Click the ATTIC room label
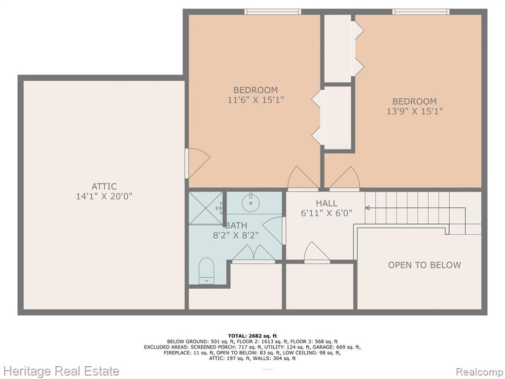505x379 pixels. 104,186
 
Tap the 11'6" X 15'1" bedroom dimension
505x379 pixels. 256,100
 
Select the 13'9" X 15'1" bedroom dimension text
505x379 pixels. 414,111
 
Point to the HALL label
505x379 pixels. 326,203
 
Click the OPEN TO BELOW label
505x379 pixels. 425,265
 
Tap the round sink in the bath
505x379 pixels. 251,202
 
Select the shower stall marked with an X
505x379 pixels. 206,208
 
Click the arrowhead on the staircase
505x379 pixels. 367,208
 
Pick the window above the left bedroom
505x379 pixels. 272,12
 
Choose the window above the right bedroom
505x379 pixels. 421,12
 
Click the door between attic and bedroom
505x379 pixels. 197,163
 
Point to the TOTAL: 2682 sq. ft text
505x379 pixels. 252,336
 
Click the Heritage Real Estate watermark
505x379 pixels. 60,371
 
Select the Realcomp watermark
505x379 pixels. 479,372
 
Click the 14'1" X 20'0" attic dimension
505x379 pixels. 104,196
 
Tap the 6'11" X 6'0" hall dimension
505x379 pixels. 326,213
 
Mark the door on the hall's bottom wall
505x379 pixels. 317,252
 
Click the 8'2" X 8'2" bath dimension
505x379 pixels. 236,235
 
